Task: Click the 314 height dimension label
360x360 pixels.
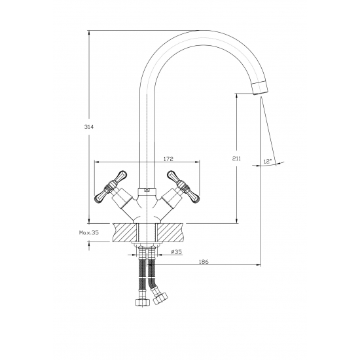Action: pyautogui.click(x=89, y=127)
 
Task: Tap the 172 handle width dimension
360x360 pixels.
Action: pyautogui.click(x=168, y=159)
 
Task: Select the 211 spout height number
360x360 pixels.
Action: pyautogui.click(x=237, y=158)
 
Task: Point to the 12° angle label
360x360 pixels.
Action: pyautogui.click(x=268, y=161)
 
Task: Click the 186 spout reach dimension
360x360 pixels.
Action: pyautogui.click(x=204, y=262)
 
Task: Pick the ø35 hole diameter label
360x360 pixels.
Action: pyautogui.click(x=176, y=252)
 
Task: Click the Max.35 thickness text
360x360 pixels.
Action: pyautogui.click(x=89, y=232)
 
